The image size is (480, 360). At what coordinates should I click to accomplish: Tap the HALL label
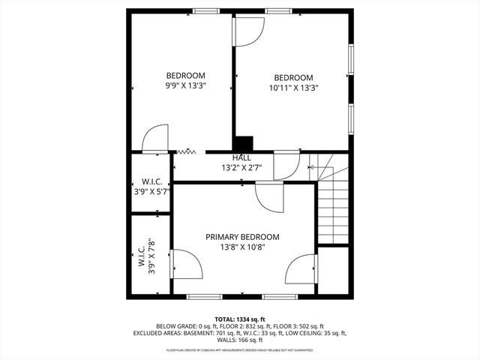241,158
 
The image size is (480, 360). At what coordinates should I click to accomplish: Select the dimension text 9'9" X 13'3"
185,86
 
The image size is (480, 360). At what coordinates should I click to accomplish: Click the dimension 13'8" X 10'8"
242,247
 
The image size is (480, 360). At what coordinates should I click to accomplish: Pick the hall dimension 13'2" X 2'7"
241,168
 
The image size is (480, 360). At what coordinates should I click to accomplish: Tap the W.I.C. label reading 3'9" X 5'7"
148,187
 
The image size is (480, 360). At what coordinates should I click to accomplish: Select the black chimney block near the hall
243,143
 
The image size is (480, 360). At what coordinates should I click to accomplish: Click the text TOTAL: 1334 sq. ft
240,319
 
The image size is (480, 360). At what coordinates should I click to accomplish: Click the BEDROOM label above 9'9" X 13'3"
185,76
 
